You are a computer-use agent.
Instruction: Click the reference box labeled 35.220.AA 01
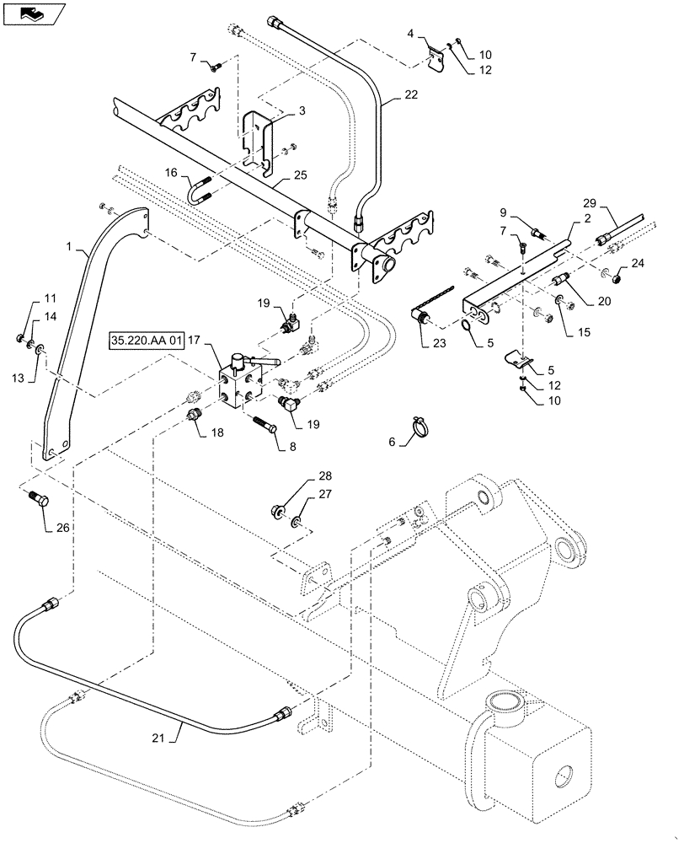click(x=146, y=341)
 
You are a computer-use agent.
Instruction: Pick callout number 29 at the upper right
click(x=590, y=203)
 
